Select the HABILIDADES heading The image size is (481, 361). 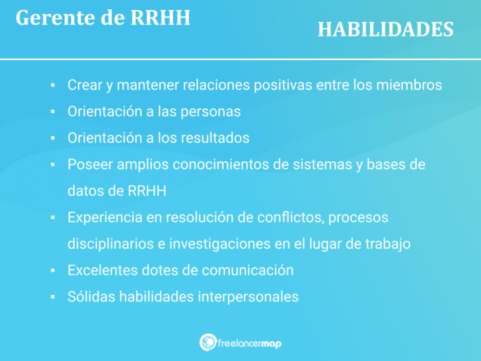point(385,29)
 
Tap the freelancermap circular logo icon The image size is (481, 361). point(208,342)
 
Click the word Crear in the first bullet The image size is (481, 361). point(84,86)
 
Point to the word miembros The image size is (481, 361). point(408,86)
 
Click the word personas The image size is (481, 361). point(210,112)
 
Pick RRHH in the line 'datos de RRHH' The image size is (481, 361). point(146,191)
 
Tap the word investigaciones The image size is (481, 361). point(218,244)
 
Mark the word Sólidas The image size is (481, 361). point(91,296)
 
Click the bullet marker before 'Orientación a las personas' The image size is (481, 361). point(53,112)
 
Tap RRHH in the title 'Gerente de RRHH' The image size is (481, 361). point(160,18)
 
